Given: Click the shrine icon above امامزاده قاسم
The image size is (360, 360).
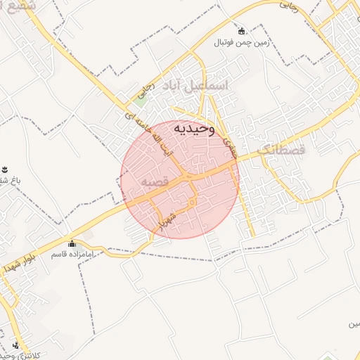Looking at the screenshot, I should click(71, 243).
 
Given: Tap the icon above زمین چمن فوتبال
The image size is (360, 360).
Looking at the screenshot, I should click(242, 31).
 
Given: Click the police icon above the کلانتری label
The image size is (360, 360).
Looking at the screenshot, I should click(15, 345).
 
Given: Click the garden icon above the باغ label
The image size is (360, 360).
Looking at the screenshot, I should click(4, 169).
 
